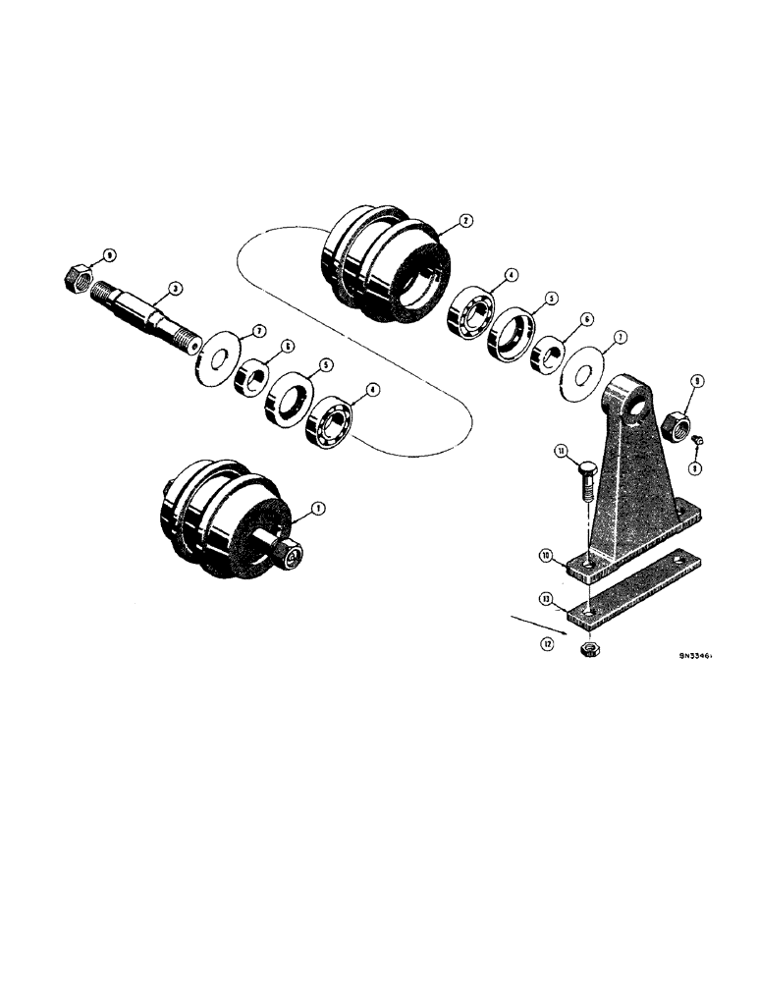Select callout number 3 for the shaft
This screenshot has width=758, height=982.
click(173, 288)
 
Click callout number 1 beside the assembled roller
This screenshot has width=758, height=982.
click(316, 508)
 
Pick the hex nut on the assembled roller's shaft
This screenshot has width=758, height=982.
click(291, 557)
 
